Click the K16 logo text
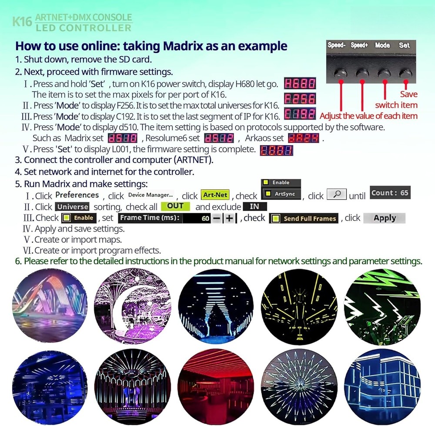[21, 22]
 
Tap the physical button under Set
[405, 73]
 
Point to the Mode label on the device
[382, 45]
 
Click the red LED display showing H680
[300, 84]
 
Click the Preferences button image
[77, 195]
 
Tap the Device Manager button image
[151, 195]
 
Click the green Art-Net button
[215, 196]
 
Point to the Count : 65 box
[390, 193]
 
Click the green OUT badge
[175, 206]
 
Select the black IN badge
[254, 207]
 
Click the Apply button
[385, 218]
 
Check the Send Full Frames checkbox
[275, 219]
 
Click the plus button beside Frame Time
[229, 218]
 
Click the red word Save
[408, 94]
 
